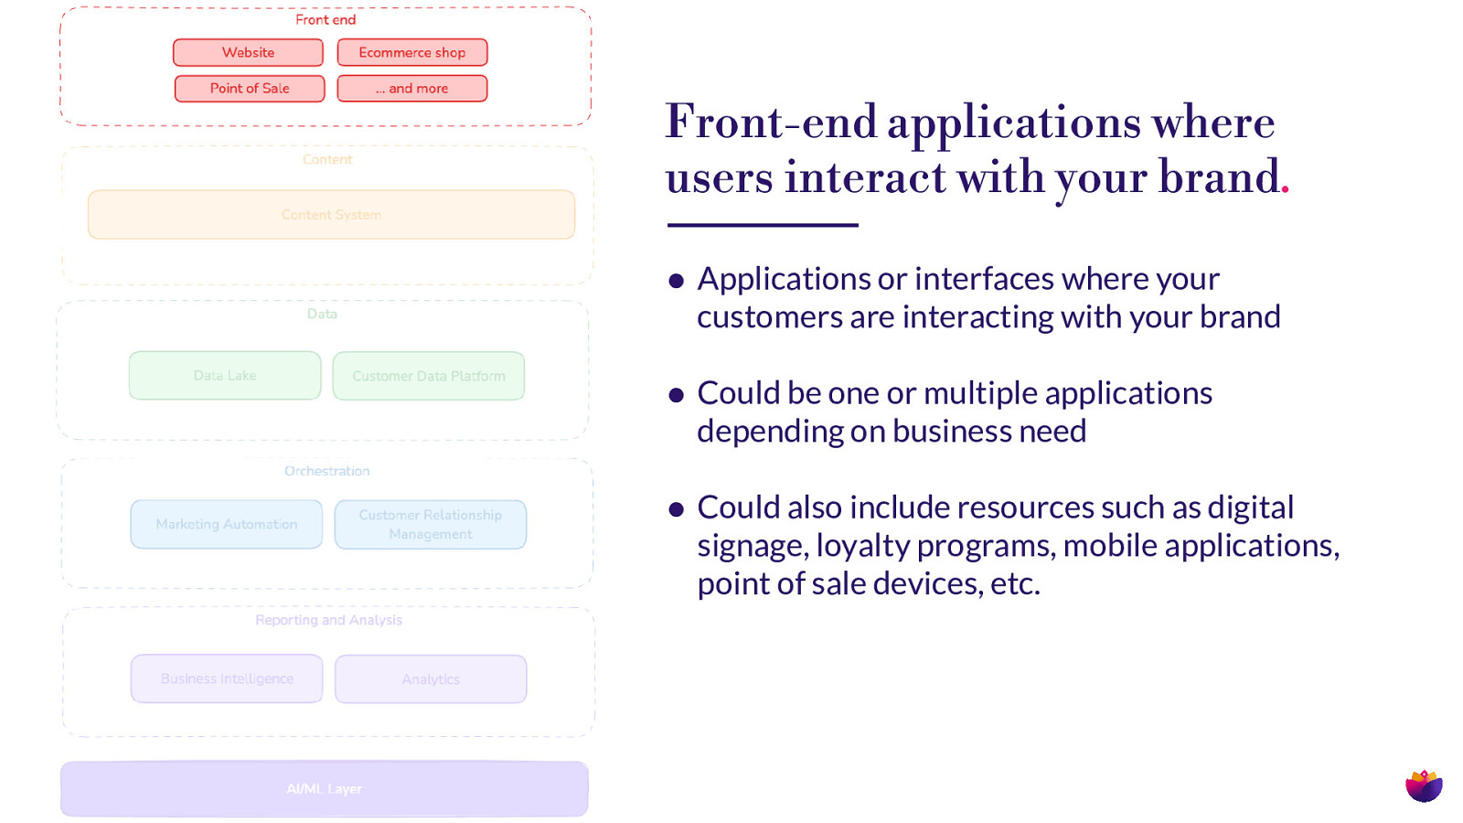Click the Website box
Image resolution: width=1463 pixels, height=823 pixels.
pos(248,52)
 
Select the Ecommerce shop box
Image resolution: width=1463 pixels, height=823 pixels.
pos(411,52)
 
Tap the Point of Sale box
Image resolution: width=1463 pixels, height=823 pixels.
pos(250,89)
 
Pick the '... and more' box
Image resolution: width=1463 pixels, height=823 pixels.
pos(411,89)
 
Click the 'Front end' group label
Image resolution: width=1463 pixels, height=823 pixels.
pos(326,19)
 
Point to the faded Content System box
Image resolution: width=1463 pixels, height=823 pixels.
pos(331,215)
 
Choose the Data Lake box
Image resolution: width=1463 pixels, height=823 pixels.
pos(225,376)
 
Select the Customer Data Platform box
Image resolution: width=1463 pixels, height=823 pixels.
pos(428,376)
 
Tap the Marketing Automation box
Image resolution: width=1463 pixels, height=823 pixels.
pos(226,524)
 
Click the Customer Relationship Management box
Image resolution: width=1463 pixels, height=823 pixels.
pos(430,524)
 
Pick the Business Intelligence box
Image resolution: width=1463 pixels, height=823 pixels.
pos(227,679)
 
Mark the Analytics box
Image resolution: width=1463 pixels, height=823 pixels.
pos(430,679)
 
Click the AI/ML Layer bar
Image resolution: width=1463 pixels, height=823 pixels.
pos(324,788)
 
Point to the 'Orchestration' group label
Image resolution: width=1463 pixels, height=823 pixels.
pos(326,471)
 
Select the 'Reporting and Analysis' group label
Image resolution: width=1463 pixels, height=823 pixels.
pos(328,620)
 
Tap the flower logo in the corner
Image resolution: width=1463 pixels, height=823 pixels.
pos(1424,785)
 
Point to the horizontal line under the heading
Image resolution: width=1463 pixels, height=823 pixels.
pos(762,225)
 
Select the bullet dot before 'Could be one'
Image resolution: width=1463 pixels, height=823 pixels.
pos(677,395)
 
